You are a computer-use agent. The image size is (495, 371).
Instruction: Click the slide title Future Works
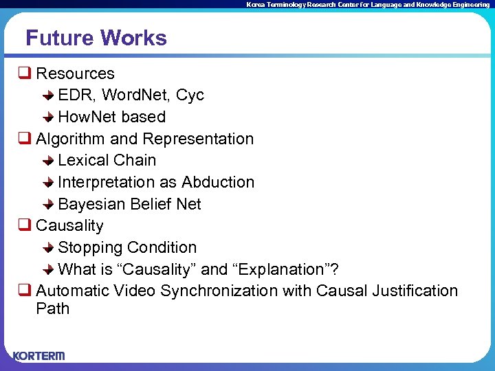coord(96,38)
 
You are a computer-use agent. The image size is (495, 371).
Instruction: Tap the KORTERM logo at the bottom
coord(38,355)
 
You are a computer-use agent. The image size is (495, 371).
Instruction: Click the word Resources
coord(75,74)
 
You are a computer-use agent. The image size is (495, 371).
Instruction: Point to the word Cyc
coord(190,95)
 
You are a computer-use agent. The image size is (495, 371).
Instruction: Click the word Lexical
coord(83,160)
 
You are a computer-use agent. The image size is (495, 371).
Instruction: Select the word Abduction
coord(218,182)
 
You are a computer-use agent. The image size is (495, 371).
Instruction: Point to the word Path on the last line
coord(52,308)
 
